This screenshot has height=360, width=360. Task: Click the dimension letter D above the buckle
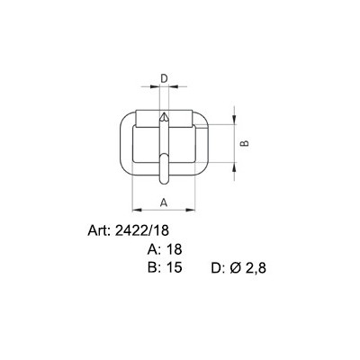tap(164, 78)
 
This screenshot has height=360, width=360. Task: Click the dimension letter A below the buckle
tap(164, 202)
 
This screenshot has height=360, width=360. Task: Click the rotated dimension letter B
tap(245, 143)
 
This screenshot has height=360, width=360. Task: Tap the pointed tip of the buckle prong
tap(164, 112)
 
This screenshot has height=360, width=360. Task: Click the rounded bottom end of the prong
tap(164, 182)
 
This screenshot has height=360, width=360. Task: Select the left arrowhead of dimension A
tap(137, 210)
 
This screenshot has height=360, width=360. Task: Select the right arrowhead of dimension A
tap(191, 210)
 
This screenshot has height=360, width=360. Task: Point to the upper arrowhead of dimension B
tap(234, 120)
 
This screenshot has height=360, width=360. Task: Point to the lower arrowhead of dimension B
tap(234, 167)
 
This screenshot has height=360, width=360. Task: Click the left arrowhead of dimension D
tap(155, 86)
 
